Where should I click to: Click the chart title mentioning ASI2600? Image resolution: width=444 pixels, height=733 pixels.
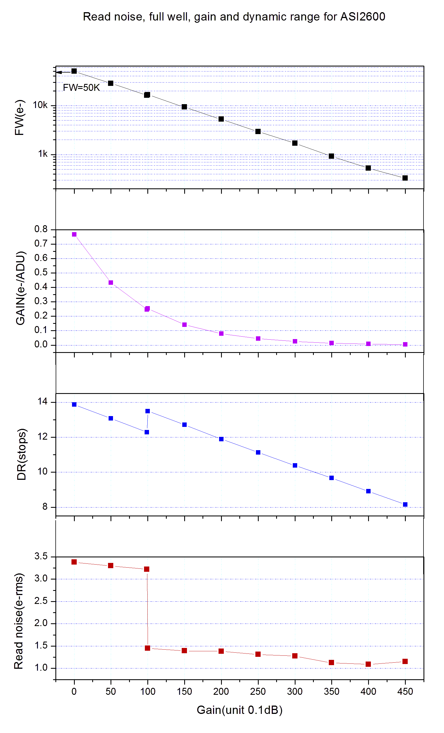[234, 17]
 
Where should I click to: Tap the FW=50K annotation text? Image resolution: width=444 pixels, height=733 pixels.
[81, 88]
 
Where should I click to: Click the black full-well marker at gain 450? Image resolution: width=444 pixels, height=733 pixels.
[405, 178]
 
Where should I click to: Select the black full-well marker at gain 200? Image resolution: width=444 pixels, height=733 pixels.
[221, 119]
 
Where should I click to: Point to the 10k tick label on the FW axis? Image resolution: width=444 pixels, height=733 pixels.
[40, 105]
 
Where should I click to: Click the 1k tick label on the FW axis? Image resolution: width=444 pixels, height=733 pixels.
[43, 154]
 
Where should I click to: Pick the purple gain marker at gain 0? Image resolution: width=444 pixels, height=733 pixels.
[74, 234]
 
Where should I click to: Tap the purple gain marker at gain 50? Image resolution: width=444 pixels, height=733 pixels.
[111, 283]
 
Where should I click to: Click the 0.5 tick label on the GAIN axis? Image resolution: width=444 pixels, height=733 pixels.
[41, 272]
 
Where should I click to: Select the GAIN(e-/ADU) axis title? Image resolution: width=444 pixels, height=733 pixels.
[20, 288]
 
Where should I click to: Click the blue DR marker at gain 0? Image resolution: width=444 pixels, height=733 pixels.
[74, 404]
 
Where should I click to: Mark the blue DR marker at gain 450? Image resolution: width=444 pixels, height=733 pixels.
[405, 504]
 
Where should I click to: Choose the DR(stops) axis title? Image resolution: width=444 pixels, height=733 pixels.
[21, 454]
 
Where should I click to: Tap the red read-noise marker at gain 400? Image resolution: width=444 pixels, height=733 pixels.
[368, 664]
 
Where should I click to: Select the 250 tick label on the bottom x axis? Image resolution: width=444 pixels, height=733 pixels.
[258, 691]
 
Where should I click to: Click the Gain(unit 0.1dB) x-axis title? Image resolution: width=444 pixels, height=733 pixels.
[239, 710]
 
